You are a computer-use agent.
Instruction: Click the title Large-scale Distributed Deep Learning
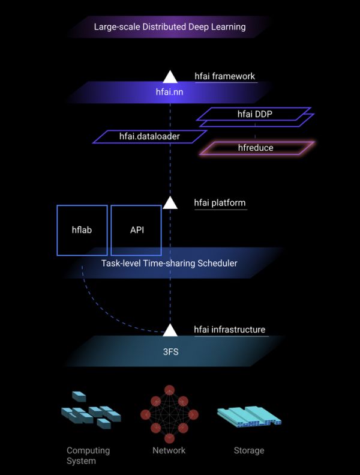[x=170, y=27]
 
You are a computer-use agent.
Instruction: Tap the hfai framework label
[x=224, y=76]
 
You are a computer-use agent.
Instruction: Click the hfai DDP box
[x=255, y=113]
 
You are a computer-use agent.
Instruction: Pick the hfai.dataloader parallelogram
[x=149, y=137]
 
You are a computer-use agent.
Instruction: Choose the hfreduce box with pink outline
[x=256, y=148]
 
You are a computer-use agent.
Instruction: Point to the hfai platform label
[x=220, y=203]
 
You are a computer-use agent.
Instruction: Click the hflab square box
[x=82, y=230]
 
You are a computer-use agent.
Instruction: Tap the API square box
[x=136, y=230]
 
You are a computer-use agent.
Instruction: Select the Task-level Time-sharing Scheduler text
[x=170, y=263]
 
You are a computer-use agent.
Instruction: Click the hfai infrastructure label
[x=229, y=330]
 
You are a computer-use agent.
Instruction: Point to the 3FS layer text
[x=170, y=351]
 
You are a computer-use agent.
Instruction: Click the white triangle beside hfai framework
[x=170, y=76]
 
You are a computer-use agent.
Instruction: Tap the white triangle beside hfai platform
[x=170, y=202]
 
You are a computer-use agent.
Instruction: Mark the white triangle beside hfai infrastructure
[x=170, y=330]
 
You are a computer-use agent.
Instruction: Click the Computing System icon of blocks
[x=91, y=413]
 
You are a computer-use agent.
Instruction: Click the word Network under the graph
[x=169, y=450]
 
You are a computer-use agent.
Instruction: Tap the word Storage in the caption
[x=249, y=450]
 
